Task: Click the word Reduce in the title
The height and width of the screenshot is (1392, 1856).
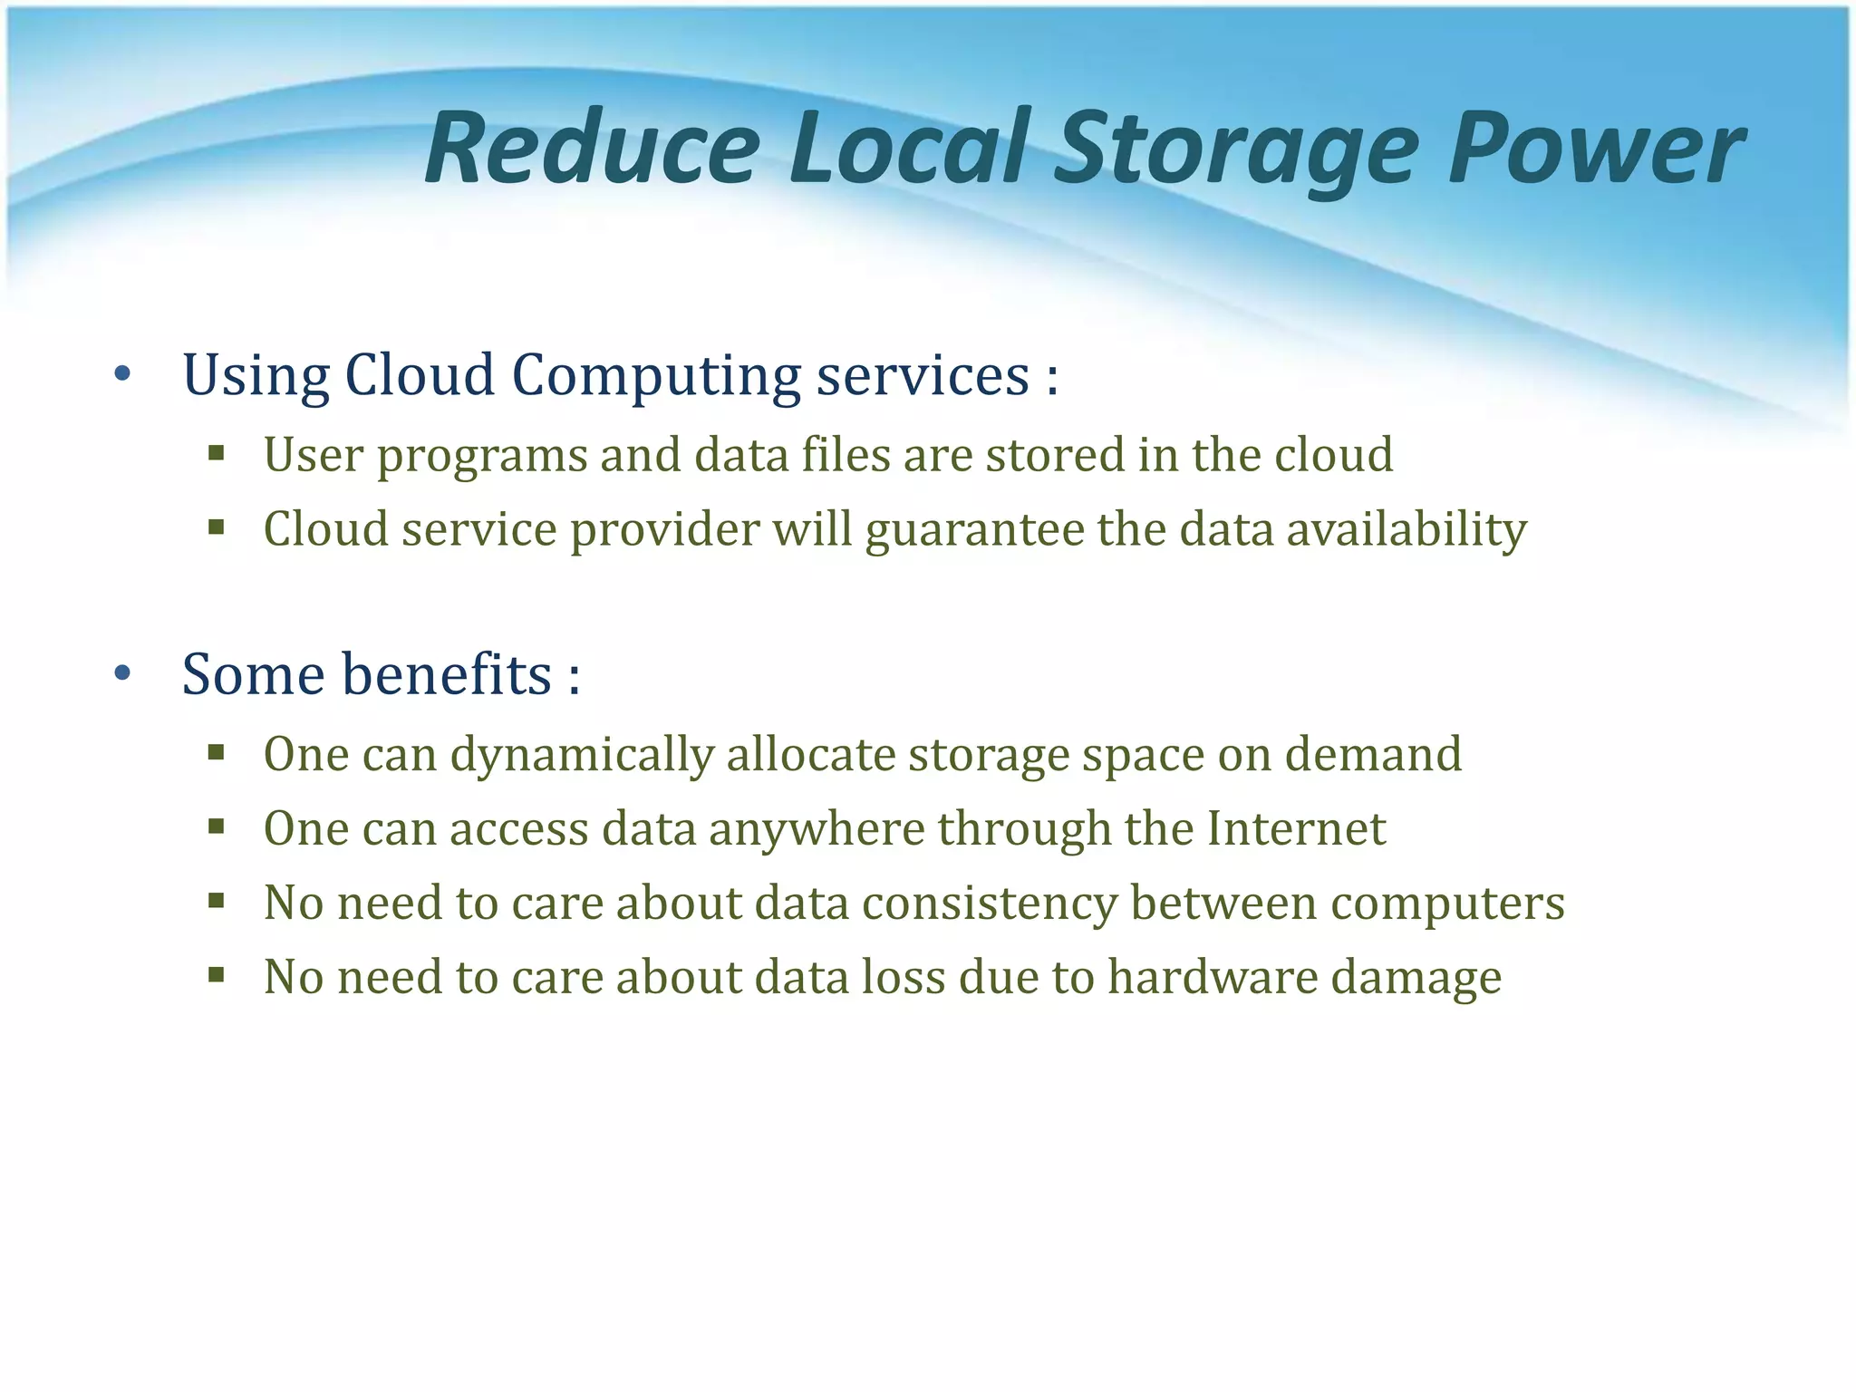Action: tap(592, 149)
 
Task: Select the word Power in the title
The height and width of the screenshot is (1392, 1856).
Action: tap(1594, 149)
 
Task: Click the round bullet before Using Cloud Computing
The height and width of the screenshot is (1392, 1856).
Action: tap(123, 373)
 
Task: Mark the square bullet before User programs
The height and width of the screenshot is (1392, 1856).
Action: tap(216, 452)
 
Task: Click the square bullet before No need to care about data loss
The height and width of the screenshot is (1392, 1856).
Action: tap(216, 975)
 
